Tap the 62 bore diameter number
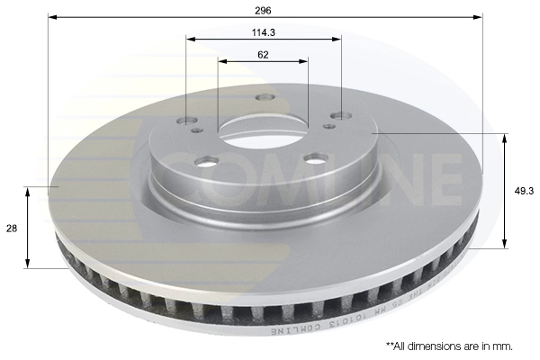(x=263, y=54)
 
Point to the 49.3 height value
(x=523, y=190)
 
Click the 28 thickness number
(x=12, y=229)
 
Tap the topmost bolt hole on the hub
(x=264, y=97)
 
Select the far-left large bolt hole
(x=187, y=121)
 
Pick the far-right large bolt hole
(x=339, y=115)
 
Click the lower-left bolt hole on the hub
(x=207, y=162)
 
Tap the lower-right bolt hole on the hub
(x=314, y=157)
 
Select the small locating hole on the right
(x=329, y=126)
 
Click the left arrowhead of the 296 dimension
(x=52, y=16)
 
